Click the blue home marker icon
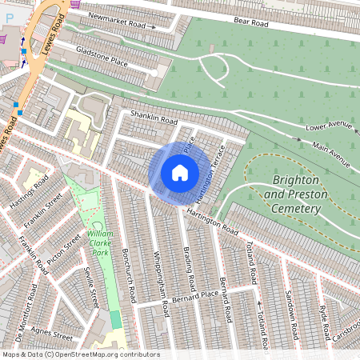tap(180, 173)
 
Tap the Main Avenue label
tap(332, 154)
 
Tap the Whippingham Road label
tap(161, 283)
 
